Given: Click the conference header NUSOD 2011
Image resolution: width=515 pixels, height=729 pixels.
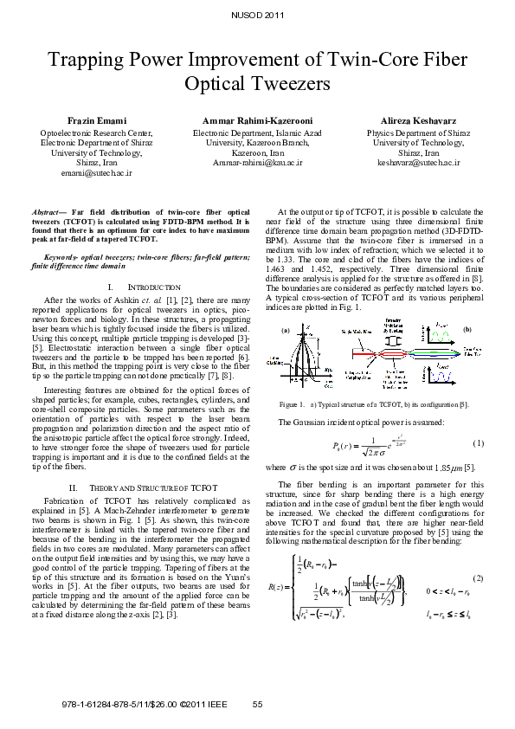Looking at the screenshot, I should coord(257,16).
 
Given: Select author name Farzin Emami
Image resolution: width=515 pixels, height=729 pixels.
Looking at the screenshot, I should coord(97,119).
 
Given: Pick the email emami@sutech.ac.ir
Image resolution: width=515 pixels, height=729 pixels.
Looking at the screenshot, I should coord(97,172).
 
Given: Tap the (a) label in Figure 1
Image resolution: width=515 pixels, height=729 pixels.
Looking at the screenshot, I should coord(286,330).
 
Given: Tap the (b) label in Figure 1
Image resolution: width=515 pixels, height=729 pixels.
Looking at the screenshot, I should coord(467,330).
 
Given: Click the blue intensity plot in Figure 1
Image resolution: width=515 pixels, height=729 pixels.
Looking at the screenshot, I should coord(450,372).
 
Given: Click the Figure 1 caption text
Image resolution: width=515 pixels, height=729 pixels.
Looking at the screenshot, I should coord(378,404).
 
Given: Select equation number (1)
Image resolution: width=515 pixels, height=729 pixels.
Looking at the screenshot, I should coord(477,443).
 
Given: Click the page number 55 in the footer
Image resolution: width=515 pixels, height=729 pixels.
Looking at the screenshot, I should coord(257,704).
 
